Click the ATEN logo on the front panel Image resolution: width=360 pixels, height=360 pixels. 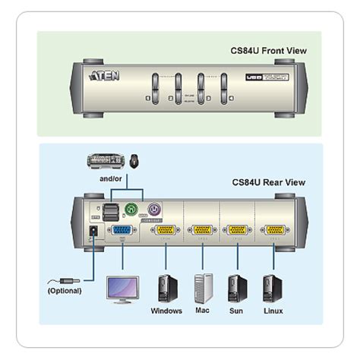click(104, 77)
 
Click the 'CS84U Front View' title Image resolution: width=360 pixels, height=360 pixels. click(268, 51)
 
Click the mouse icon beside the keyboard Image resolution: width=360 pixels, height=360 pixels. click(134, 160)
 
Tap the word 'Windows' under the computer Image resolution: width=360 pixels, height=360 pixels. click(167, 311)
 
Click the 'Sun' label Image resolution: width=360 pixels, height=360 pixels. click(236, 311)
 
